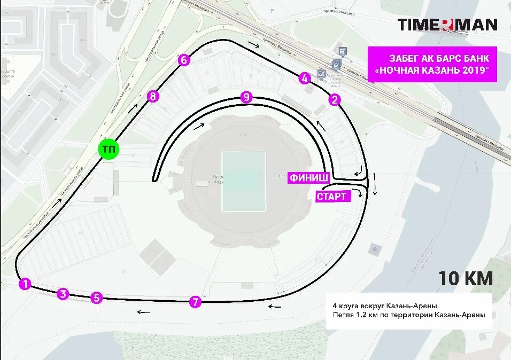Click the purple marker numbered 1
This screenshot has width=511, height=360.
pos(25,284)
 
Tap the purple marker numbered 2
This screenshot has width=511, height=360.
pos(335,99)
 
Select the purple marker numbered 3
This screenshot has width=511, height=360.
pos(63,294)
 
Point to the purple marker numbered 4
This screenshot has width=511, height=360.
pos(305,79)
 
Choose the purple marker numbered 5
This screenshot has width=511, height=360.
pos(96,298)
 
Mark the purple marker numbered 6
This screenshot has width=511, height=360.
pos(184,60)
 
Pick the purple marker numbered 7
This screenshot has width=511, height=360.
pos(195,302)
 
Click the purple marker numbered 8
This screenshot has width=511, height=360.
pos(153,96)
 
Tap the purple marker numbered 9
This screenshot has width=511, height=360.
pos(246,97)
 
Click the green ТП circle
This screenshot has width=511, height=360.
pos(109,150)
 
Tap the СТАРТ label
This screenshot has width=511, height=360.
pos(332,196)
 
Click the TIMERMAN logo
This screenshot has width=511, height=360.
pos(447,25)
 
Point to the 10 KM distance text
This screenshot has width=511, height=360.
pos(466,278)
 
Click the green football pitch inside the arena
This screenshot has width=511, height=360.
pos(244,181)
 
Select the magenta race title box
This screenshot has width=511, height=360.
pos(432,65)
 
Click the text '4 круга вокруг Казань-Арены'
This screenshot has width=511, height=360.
pos(385,306)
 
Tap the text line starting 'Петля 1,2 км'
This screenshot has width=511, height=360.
pos(408,315)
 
